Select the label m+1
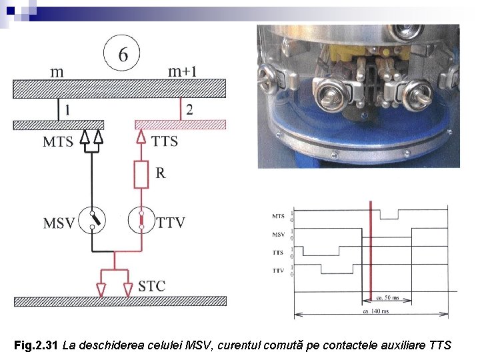[181, 71]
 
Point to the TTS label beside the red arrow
[165, 141]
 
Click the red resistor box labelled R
[141, 175]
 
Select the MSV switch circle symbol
[93, 221]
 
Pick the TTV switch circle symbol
[141, 221]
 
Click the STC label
[152, 287]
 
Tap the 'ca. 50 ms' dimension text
[388, 297]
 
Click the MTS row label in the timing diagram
[279, 216]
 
